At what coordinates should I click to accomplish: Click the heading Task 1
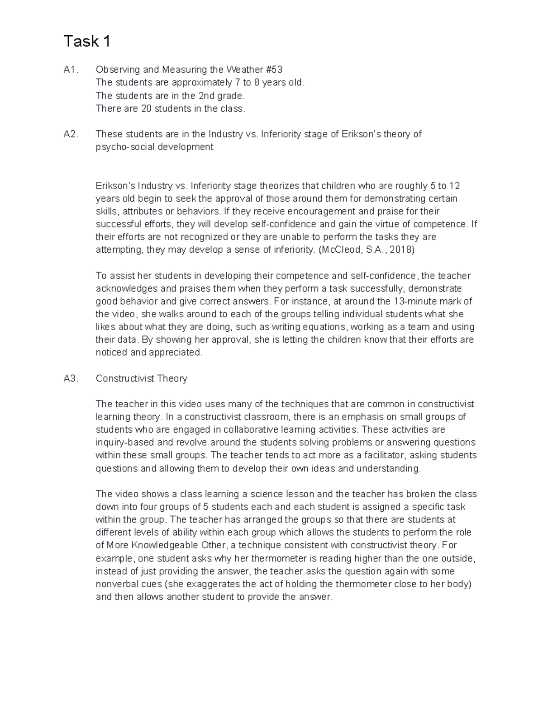(87, 42)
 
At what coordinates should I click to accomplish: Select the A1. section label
(71, 70)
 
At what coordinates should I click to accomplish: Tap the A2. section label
(71, 134)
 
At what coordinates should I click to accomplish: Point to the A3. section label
(71, 378)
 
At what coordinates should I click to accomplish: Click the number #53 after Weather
(274, 70)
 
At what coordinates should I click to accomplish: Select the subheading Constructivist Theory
(142, 378)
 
